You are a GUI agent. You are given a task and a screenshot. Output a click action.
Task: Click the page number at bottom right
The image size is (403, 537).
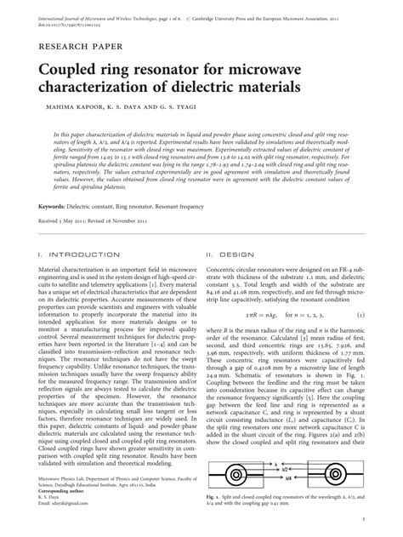[363, 519]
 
